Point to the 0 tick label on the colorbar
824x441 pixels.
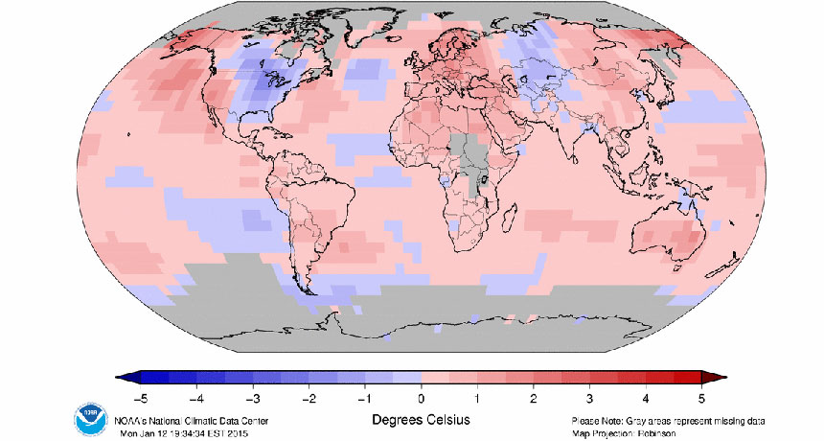tap(420, 396)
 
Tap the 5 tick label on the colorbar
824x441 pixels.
tap(702, 396)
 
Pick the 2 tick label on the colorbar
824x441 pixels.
tap(534, 396)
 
